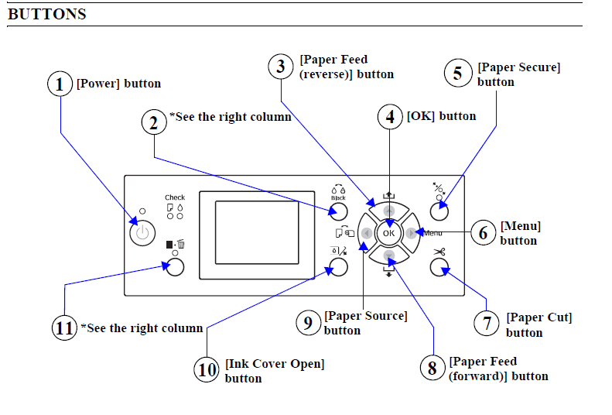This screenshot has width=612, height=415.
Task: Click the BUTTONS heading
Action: click(x=47, y=14)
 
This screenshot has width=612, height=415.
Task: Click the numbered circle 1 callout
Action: click(x=60, y=84)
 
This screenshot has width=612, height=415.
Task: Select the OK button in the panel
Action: click(x=388, y=232)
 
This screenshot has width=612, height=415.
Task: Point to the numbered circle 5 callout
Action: click(x=457, y=74)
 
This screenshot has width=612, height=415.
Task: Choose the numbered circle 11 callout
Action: click(x=64, y=328)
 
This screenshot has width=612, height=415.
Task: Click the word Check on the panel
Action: click(x=175, y=198)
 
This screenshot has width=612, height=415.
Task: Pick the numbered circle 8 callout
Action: click(x=433, y=368)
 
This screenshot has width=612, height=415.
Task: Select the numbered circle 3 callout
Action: click(x=280, y=66)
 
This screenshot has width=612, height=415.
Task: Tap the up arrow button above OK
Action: click(x=388, y=211)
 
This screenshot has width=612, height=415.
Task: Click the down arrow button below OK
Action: click(x=388, y=255)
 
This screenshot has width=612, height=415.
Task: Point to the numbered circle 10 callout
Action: click(x=207, y=370)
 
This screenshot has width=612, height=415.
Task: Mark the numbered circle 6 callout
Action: click(x=483, y=232)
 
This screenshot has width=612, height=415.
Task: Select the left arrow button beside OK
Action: click(x=366, y=232)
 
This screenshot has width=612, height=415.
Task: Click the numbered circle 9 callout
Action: click(x=308, y=322)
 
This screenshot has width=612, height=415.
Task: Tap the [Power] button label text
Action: click(x=118, y=84)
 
